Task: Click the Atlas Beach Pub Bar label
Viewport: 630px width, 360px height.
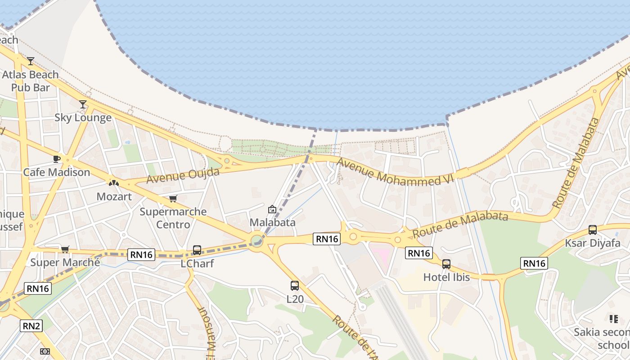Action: pos(31,81)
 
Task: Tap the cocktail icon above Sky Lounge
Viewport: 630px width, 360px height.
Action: pos(83,104)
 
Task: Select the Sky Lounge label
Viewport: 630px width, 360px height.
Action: pos(83,118)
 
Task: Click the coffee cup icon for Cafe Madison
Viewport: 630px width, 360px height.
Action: pos(57,159)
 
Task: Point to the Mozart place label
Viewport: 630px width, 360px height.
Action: pos(114,197)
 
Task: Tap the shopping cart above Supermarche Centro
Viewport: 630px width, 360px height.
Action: pos(173,198)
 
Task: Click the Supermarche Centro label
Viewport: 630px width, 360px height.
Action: pos(173,218)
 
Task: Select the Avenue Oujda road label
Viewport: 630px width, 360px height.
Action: pos(183,175)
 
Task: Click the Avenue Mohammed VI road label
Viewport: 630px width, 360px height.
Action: pos(395,171)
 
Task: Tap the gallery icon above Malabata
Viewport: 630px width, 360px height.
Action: pos(272,209)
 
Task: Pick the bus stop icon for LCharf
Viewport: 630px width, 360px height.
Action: pos(197,250)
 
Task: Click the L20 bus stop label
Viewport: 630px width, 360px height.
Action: pos(295,299)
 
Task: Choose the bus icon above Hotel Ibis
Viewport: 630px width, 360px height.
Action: pos(446,264)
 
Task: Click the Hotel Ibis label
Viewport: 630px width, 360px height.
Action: pos(446,277)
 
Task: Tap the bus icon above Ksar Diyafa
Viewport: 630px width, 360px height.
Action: pos(593,229)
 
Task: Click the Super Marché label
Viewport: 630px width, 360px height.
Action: pos(65,262)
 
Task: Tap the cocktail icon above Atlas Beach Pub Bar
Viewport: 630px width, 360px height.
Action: pos(31,61)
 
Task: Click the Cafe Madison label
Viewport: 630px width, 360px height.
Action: pos(57,172)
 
